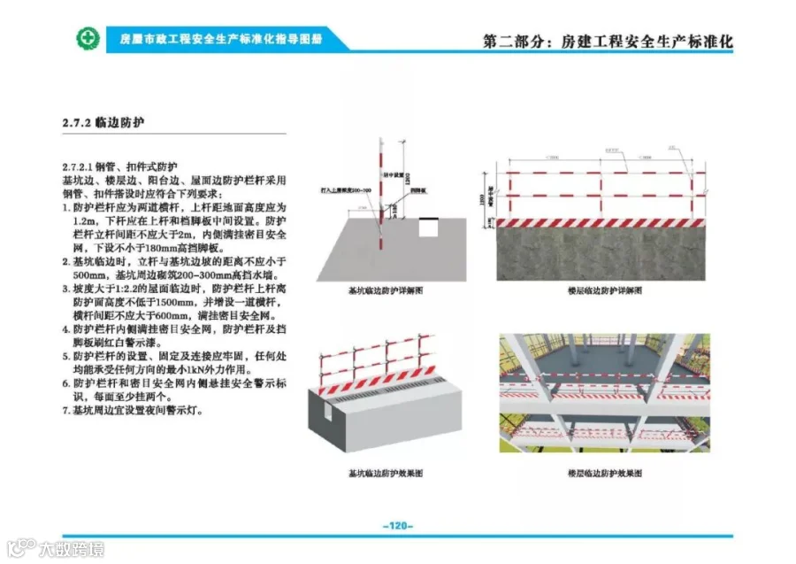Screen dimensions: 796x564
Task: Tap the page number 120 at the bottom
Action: [x=397, y=526]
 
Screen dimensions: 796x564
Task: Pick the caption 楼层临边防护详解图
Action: [x=605, y=290]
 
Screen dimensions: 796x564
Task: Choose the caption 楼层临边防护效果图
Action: [x=605, y=474]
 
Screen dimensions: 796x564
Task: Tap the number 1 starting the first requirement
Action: [x=65, y=205]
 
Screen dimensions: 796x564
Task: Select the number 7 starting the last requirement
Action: [x=65, y=412]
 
